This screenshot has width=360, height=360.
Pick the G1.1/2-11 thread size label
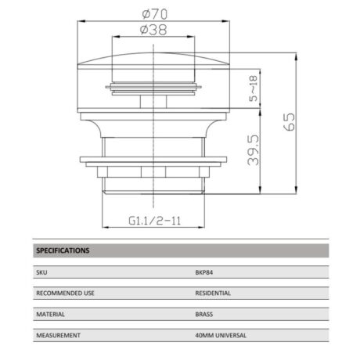pos(154,221)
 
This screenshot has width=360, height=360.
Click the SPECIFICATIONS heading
pos(63,251)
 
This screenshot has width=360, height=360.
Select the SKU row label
pos(41,273)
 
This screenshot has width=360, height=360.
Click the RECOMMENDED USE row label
pos(66,293)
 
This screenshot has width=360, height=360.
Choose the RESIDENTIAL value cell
pos(214,293)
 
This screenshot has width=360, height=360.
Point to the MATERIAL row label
pos(50,315)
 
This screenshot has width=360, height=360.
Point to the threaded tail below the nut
pos(153,182)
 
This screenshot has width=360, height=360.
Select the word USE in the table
pos(88,293)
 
